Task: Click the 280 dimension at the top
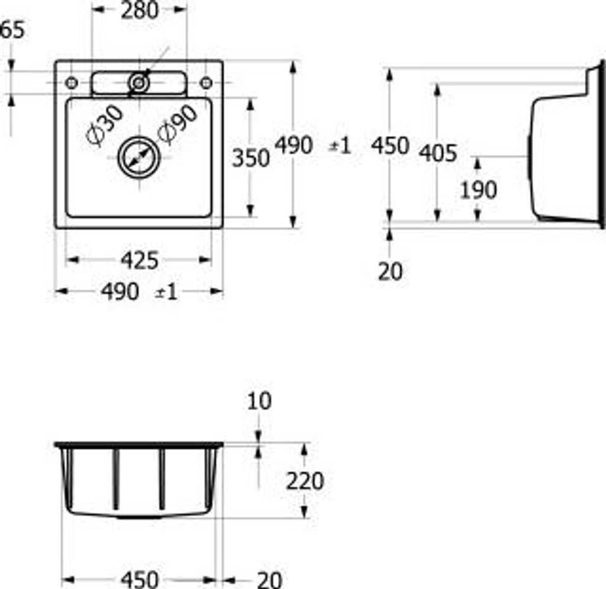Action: click(140, 10)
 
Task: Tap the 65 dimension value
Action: click(13, 30)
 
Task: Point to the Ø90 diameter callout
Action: click(177, 126)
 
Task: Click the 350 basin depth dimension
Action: click(250, 158)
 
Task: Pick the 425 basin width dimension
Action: click(140, 260)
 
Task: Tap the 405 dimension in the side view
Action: click(438, 153)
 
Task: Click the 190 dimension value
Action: click(478, 191)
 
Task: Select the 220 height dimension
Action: click(305, 481)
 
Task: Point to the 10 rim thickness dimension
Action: click(258, 401)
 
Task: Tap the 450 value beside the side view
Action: click(391, 145)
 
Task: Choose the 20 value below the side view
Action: click(390, 272)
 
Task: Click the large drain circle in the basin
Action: click(140, 157)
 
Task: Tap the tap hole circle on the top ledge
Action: click(139, 83)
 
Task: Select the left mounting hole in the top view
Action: click(71, 82)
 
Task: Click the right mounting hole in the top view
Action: click(206, 83)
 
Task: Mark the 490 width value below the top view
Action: click(121, 291)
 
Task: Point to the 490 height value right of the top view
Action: click(294, 145)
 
